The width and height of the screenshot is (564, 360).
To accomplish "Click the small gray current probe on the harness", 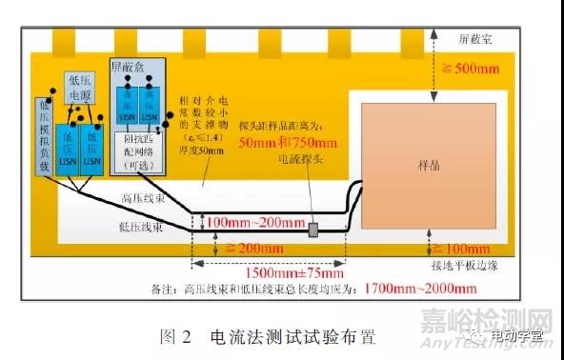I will coord(312,229).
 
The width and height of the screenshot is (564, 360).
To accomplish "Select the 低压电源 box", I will coord(80,90).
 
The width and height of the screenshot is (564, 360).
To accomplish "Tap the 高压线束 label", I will coord(144,199).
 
